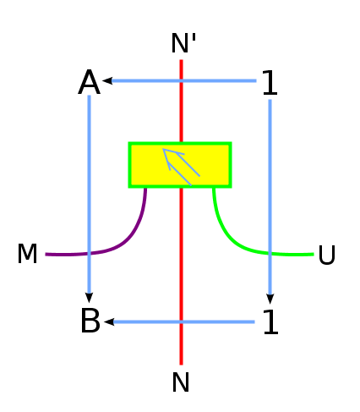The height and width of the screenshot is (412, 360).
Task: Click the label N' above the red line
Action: [x=183, y=43]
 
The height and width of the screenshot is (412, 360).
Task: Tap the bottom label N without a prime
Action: [x=181, y=382]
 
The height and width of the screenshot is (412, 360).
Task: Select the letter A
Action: [x=89, y=82]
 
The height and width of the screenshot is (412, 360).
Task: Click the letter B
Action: [x=90, y=321]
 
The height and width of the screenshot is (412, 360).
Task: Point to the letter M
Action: [x=27, y=254]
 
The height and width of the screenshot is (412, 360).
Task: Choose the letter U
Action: [x=327, y=255]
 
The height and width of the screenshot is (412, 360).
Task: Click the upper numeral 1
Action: [x=270, y=82]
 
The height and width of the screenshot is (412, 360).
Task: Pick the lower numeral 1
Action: [x=270, y=321]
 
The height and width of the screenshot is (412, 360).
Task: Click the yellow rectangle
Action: [x=180, y=165]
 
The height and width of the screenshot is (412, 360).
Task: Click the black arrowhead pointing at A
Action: [x=107, y=81]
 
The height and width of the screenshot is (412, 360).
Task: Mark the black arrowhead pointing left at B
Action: [x=109, y=321]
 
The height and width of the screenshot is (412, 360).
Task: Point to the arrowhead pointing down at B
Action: [x=89, y=298]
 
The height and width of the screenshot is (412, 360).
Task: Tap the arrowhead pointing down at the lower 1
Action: [x=270, y=299]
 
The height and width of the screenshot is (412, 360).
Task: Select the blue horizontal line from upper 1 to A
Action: [x=184, y=81]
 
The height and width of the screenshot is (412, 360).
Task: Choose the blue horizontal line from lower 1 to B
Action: [x=184, y=321]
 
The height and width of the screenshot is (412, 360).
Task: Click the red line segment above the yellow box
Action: [x=181, y=101]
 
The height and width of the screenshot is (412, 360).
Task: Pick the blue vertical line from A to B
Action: [x=89, y=195]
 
